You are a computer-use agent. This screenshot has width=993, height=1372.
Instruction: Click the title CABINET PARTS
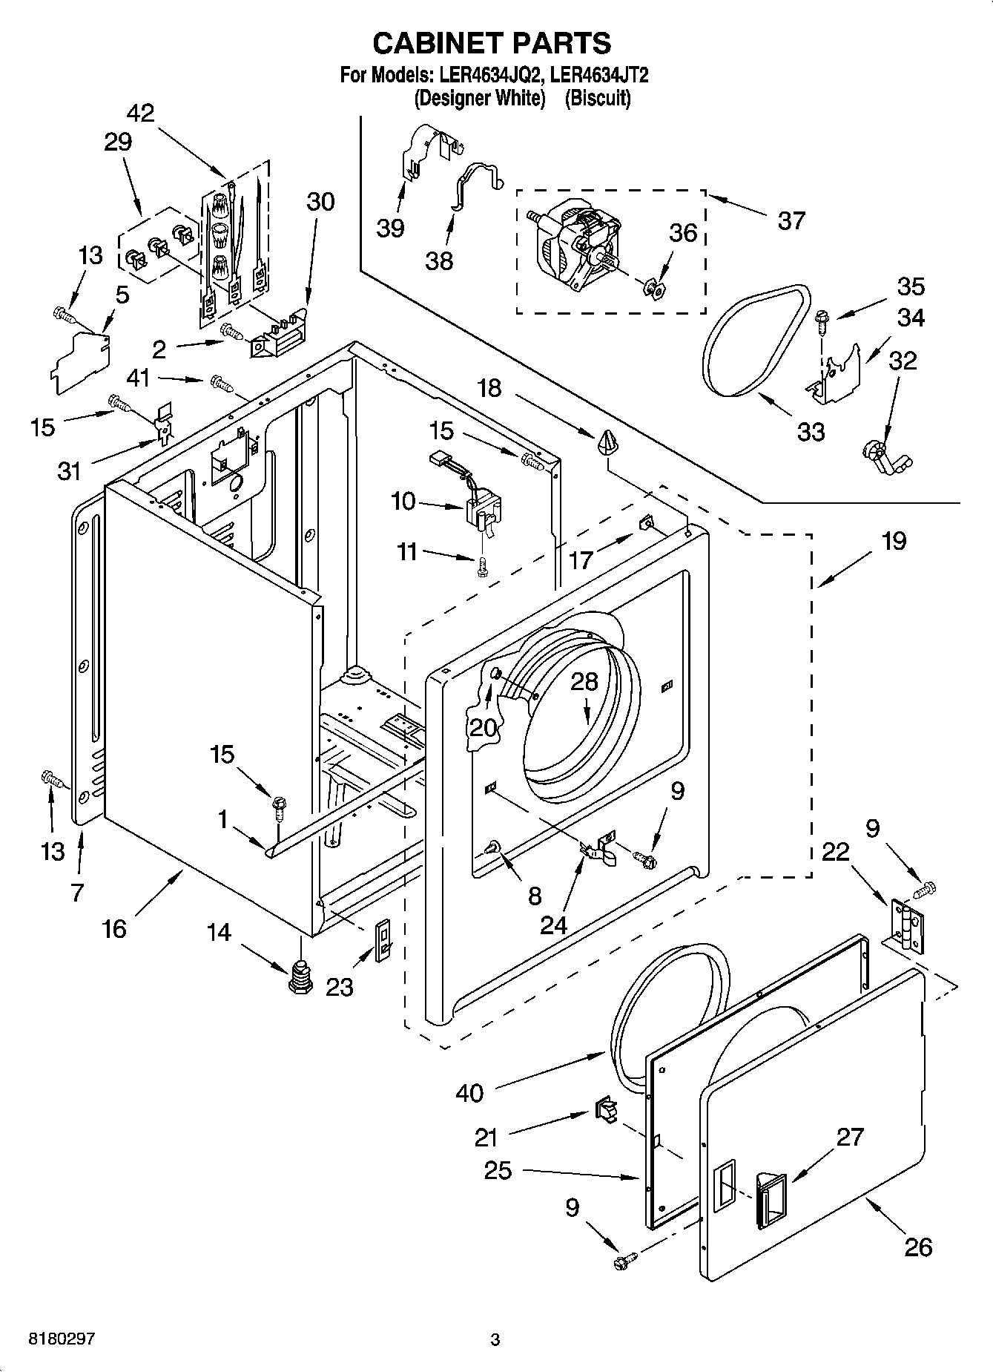pos(491,43)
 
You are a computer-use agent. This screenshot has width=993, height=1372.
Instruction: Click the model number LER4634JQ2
pos(486,75)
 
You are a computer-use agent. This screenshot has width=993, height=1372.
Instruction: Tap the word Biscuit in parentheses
pos(598,98)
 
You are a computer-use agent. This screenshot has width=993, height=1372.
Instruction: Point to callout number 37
pos(791,220)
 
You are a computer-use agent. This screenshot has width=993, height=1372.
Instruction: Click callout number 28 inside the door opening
pos(584,682)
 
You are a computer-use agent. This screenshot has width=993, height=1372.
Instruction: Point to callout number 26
pos(917,1247)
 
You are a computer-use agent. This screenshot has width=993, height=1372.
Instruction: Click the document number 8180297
pos(61,1339)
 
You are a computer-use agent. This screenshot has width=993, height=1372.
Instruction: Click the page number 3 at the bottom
pos(495,1340)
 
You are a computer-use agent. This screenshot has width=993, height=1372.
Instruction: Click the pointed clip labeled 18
pos(606,442)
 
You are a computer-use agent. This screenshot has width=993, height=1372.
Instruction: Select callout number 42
pos(140,113)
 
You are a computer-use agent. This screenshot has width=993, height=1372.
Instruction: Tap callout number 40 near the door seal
pos(469,1092)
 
